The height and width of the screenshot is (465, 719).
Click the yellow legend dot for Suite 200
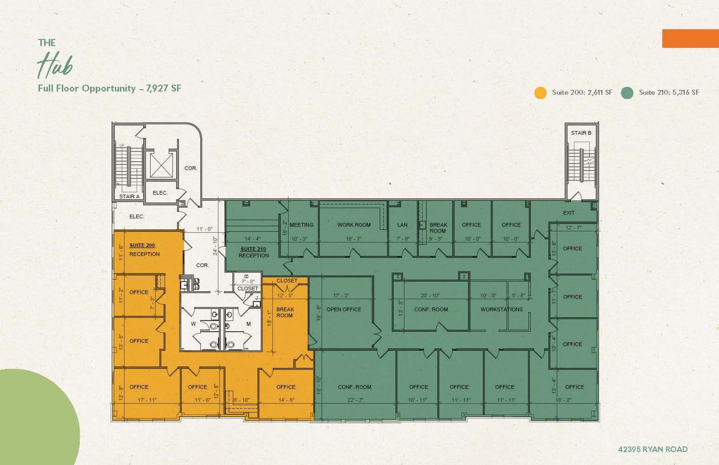click(540, 92)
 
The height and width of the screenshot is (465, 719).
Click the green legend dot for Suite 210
click(627, 92)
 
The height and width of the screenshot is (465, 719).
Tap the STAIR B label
click(581, 133)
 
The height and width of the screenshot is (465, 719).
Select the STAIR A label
click(129, 196)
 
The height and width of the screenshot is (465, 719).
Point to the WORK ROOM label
click(354, 225)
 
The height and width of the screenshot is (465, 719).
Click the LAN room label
click(402, 225)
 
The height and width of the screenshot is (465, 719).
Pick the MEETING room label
click(301, 225)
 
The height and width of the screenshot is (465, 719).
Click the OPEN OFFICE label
click(343, 309)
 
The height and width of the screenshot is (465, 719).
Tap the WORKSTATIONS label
click(501, 309)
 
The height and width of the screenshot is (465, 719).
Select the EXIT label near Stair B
click(568, 213)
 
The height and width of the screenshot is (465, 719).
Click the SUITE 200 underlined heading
click(142, 245)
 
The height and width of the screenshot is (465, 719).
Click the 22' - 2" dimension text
click(354, 400)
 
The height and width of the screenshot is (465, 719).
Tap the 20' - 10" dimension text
click(429, 295)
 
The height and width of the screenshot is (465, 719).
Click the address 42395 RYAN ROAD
click(653, 449)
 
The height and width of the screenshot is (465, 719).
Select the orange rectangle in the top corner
click(690, 38)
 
